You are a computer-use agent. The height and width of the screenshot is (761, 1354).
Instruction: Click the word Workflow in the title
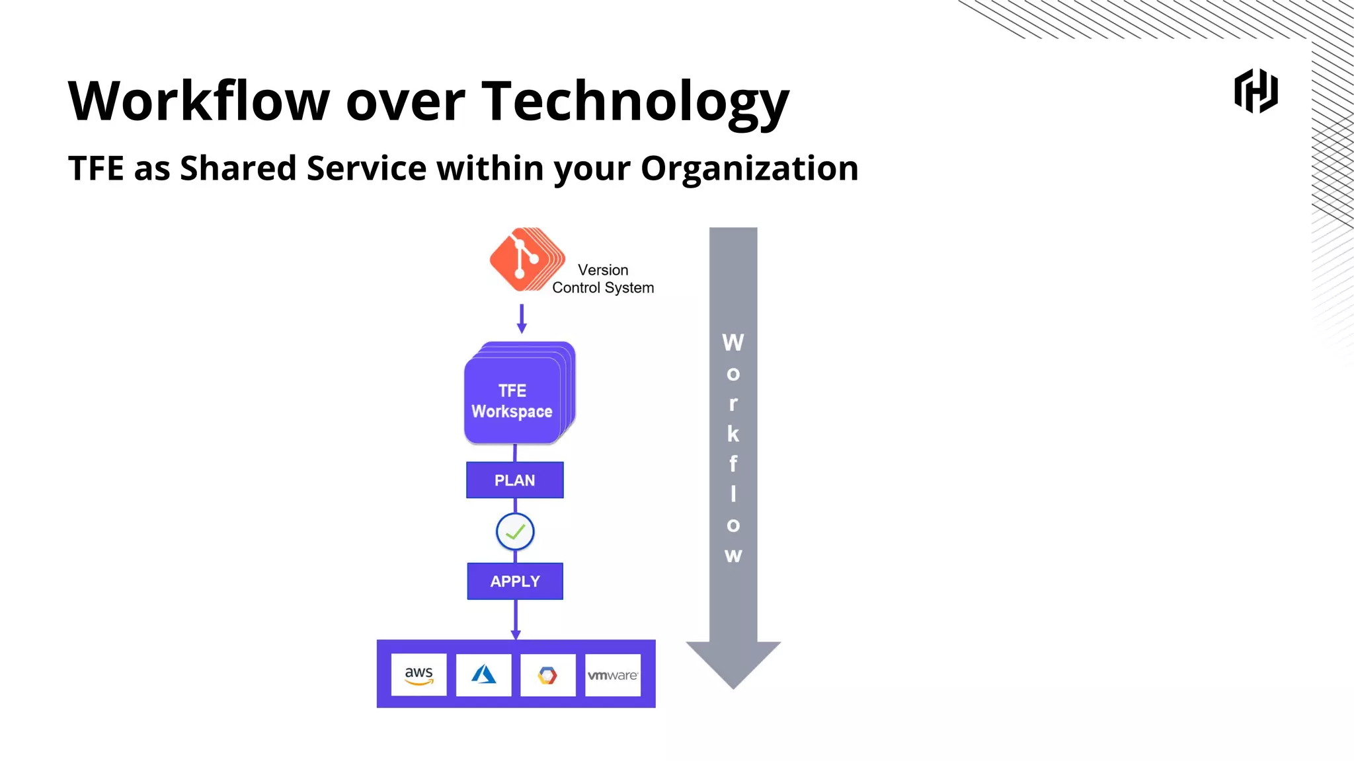point(198,101)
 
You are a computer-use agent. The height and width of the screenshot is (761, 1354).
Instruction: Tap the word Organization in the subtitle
point(749,168)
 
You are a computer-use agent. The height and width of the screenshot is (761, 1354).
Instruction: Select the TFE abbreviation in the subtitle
point(96,168)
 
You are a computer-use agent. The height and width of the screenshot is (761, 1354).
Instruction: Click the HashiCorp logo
point(1255,91)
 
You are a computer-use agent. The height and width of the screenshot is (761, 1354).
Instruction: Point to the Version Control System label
point(603,279)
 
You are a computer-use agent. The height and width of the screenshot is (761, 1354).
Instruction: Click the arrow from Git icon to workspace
point(522,318)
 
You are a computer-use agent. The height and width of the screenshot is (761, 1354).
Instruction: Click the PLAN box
point(515,480)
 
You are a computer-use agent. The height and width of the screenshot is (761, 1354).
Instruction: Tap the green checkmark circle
point(515,532)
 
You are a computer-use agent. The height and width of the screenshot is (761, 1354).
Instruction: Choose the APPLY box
point(515,581)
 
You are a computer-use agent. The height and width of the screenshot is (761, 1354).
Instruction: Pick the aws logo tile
point(418,675)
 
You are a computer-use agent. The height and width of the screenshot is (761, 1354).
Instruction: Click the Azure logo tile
point(483,675)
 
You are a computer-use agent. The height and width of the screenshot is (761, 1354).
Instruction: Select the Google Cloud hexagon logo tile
point(547,675)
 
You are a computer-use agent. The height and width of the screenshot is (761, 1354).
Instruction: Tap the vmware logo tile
point(613,675)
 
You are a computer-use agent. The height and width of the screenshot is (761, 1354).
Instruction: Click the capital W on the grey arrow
point(733,343)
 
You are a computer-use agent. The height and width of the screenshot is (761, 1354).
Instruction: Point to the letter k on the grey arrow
point(733,434)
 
